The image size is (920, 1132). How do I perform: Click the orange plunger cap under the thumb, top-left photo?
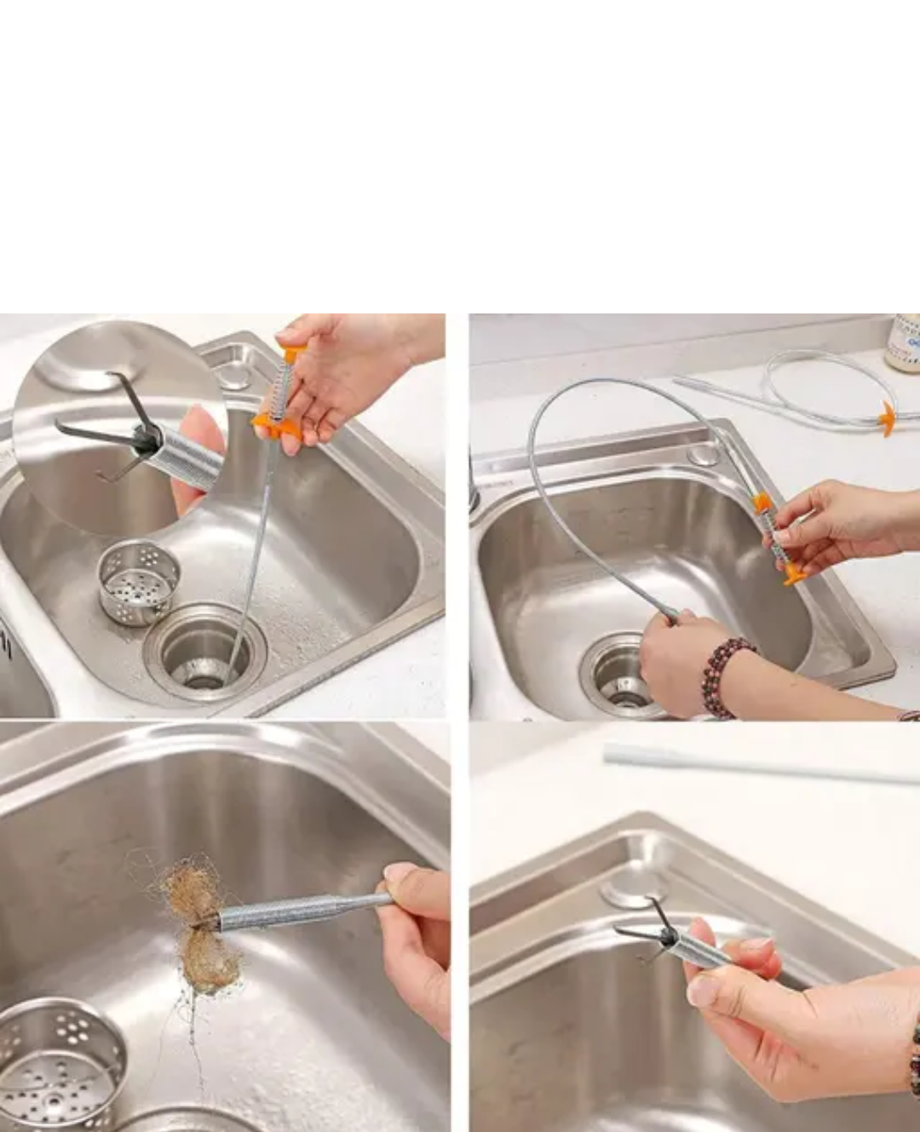tap(293, 351)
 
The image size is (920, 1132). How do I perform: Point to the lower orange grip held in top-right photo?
tap(792, 572)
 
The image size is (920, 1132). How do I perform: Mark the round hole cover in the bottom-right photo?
tap(626, 890)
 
